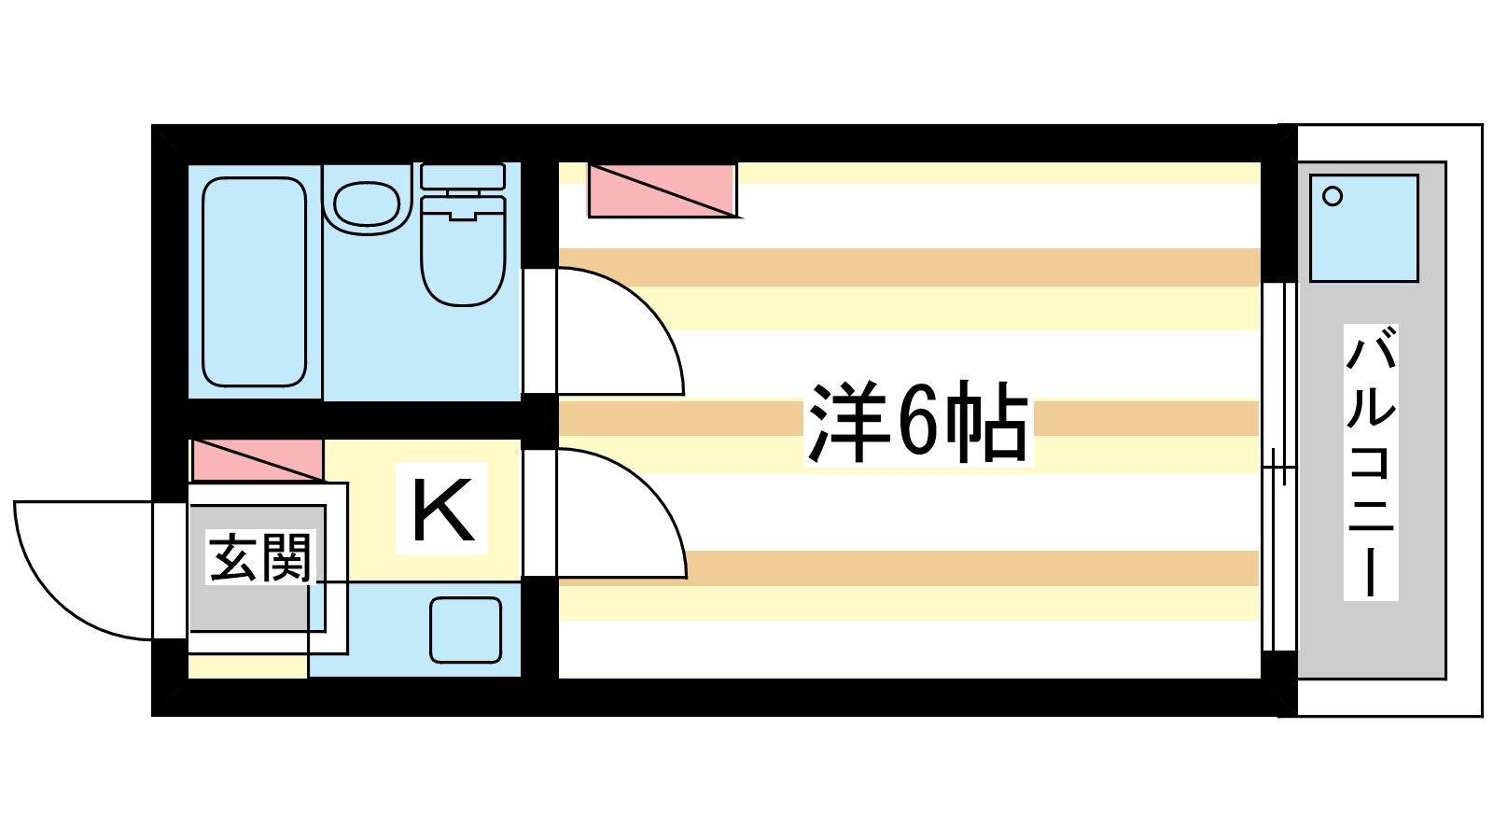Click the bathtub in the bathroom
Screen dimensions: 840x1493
[254, 282]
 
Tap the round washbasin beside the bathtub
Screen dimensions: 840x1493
[367, 203]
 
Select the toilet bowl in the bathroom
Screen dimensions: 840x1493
[463, 257]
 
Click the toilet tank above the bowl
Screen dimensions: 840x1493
[463, 176]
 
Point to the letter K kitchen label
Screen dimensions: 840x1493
[442, 510]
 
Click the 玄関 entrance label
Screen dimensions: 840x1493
[259, 558]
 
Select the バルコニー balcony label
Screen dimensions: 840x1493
[1370, 461]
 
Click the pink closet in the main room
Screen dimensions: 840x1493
[662, 190]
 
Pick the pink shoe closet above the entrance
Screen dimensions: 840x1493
[258, 460]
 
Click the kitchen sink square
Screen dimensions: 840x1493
[466, 630]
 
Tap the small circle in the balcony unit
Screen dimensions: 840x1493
[1333, 197]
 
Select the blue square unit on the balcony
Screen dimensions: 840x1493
[1364, 230]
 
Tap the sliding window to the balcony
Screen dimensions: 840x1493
[1278, 467]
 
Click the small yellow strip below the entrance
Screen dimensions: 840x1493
[247, 666]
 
